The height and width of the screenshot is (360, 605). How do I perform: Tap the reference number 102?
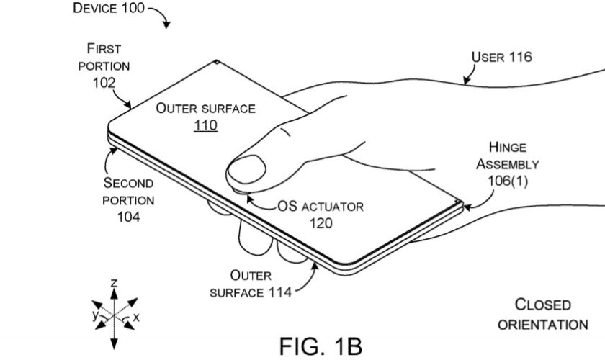[x=104, y=82]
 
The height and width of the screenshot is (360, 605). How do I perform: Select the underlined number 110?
[x=205, y=125]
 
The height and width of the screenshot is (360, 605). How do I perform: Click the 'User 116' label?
[x=502, y=57]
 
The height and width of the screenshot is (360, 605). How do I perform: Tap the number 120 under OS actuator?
[x=321, y=223]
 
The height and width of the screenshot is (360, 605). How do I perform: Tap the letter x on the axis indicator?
[x=137, y=316]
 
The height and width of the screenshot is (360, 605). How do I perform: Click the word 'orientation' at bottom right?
[x=542, y=324]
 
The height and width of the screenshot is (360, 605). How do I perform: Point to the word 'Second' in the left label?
[x=128, y=182]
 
